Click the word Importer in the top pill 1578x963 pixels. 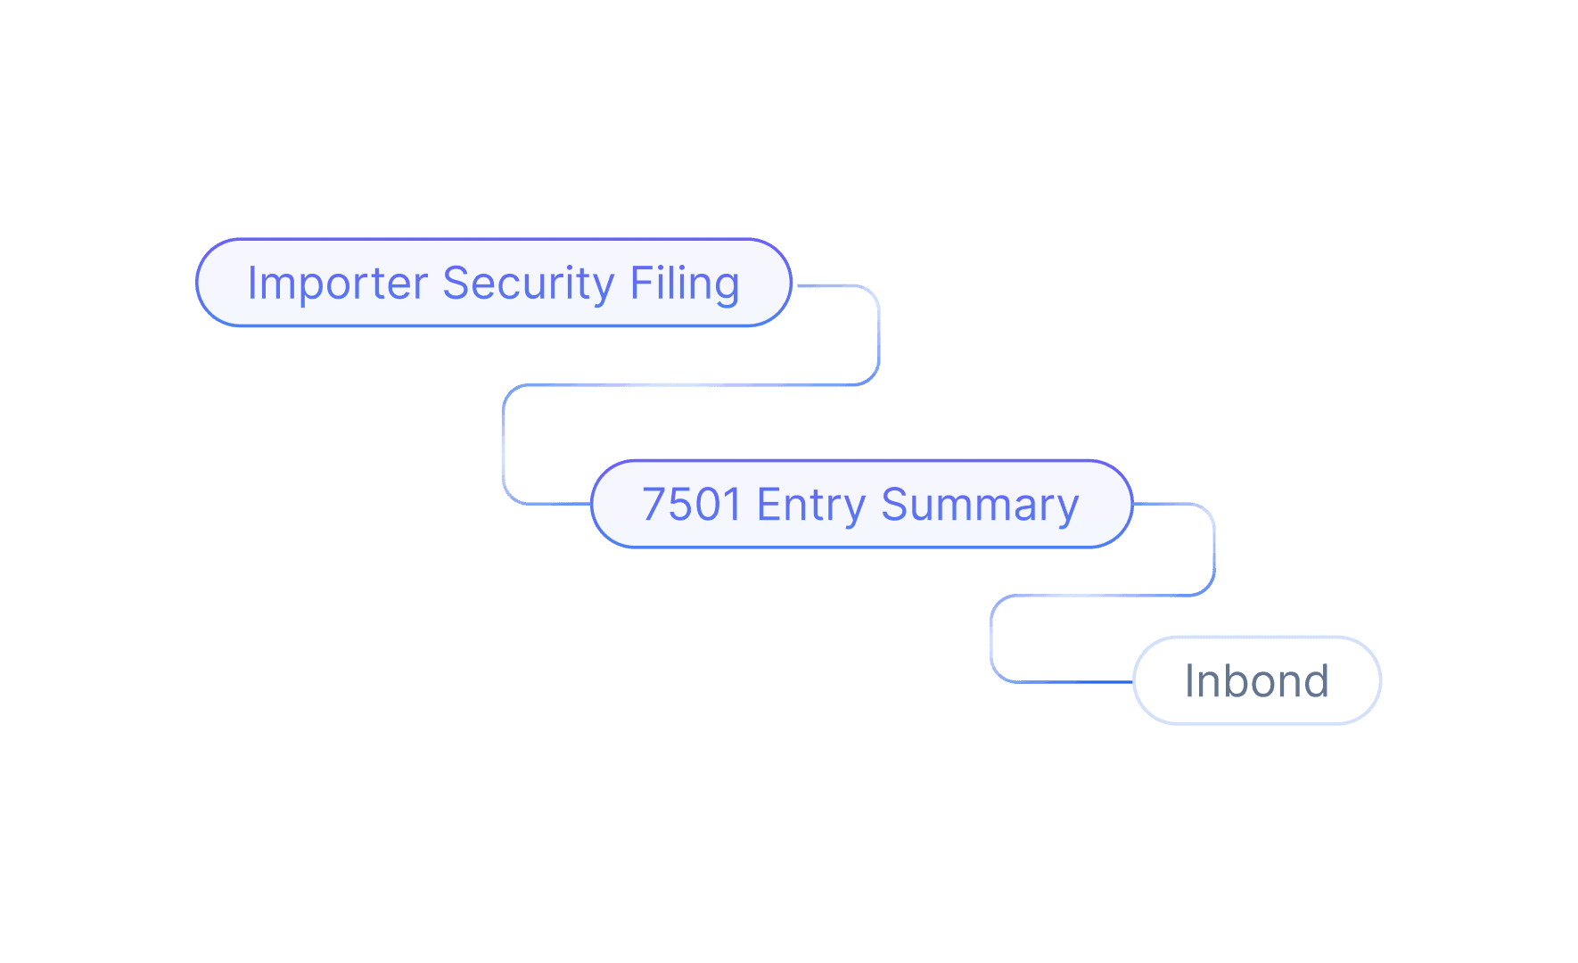[337, 284]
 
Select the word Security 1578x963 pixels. [528, 284]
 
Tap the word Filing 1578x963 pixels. [685, 284]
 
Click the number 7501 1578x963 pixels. [692, 505]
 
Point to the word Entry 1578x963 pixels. [810, 505]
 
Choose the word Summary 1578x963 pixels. [979, 505]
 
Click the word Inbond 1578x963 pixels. [1256, 681]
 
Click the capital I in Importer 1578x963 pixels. [252, 284]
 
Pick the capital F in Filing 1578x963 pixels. [639, 284]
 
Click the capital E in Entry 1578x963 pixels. [766, 505]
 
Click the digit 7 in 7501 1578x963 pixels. [654, 505]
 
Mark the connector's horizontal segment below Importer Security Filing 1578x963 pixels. [691, 384]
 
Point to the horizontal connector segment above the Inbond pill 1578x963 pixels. [1103, 595]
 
